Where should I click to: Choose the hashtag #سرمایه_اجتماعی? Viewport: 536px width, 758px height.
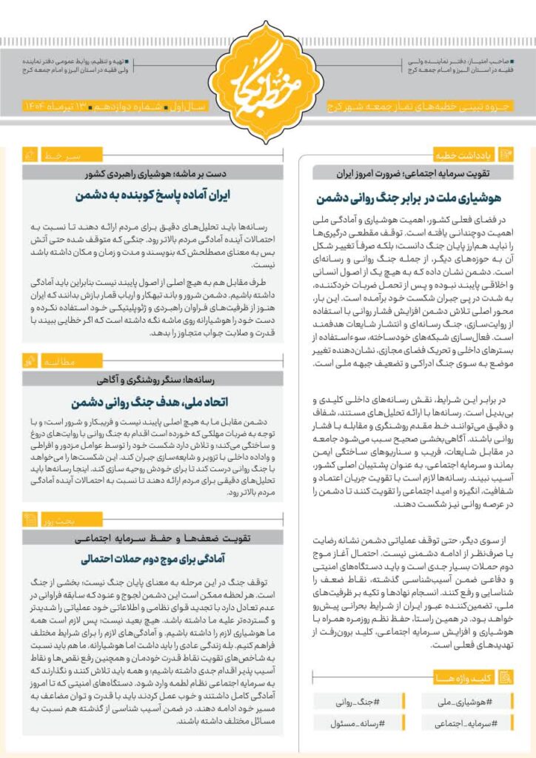pyautogui.click(x=463, y=722)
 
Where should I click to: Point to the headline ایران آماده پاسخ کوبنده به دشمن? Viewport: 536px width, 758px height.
pyautogui.click(x=153, y=196)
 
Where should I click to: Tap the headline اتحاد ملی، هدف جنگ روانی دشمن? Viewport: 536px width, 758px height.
pyautogui.click(x=153, y=403)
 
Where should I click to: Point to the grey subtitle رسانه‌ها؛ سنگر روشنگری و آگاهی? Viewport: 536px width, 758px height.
pyautogui.click(x=153, y=379)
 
